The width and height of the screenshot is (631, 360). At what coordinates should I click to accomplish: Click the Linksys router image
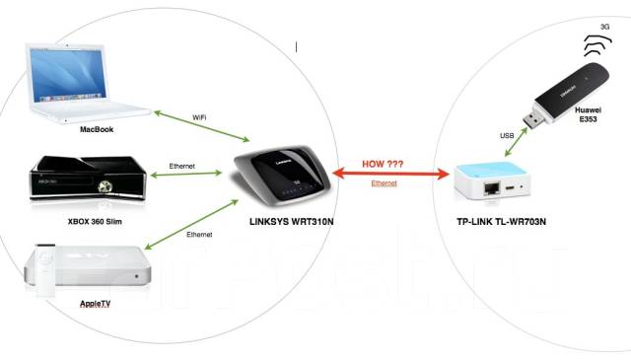tap(277, 174)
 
